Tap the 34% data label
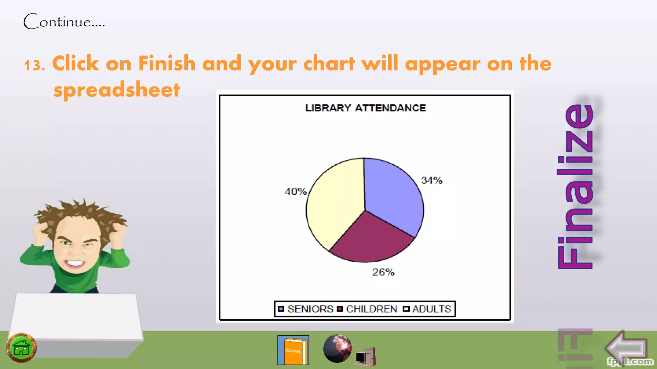point(431,180)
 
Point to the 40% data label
point(295,192)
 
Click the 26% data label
point(383,272)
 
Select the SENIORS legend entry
point(306,309)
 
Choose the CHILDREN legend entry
point(368,309)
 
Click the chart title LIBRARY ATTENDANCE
point(365,108)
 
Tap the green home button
point(21,348)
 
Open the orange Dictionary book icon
point(293,350)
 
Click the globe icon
point(337,348)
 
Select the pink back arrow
point(626,348)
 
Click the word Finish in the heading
point(167,63)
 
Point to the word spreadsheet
point(117,90)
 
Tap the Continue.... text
point(64,21)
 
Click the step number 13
point(35,65)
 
